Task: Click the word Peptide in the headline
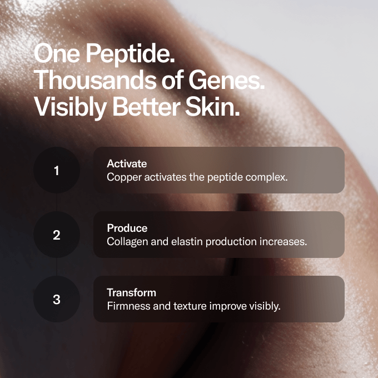[131, 54]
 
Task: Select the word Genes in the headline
[227, 80]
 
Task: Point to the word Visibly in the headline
[70, 107]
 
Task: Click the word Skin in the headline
[212, 106]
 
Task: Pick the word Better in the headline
[146, 106]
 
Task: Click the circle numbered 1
[57, 170]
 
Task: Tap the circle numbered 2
[57, 235]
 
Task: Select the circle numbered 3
[57, 299]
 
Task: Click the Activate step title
[127, 163]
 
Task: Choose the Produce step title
[127, 228]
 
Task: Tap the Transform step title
[131, 292]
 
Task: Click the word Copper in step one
[124, 178]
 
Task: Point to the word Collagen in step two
[127, 242]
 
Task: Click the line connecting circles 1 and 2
[57, 202]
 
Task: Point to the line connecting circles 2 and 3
[57, 267]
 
